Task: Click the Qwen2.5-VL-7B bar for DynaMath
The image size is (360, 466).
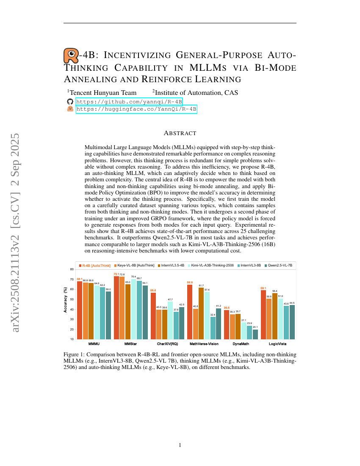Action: tap(255, 334)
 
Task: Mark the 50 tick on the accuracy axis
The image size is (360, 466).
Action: tap(72, 299)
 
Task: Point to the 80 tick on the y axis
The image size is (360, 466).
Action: tap(72, 269)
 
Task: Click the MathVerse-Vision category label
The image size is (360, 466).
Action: tap(204, 344)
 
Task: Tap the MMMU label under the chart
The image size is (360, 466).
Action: tap(94, 344)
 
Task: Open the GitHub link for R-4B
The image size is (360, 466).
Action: tap(129, 102)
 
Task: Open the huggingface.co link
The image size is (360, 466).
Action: tap(136, 109)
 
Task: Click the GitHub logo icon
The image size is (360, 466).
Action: tap(70, 102)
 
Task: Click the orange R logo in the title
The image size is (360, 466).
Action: tap(71, 55)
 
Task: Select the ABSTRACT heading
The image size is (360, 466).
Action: tap(180, 133)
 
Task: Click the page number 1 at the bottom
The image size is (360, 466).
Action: tap(180, 445)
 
